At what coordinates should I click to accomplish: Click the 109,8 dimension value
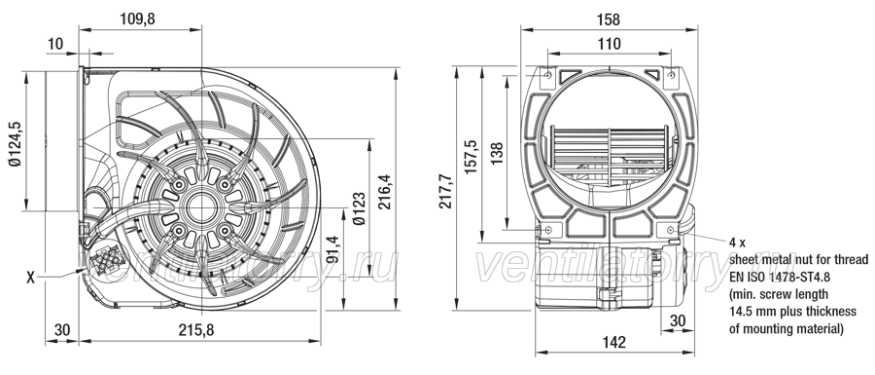(137, 19)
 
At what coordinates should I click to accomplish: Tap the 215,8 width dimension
(195, 330)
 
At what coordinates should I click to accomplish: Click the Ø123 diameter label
(360, 208)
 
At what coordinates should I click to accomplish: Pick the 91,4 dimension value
(332, 249)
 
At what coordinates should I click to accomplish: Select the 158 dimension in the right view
(609, 19)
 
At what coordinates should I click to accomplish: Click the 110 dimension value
(609, 44)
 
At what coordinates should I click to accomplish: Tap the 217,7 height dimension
(445, 191)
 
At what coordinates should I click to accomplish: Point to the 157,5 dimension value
(471, 157)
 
